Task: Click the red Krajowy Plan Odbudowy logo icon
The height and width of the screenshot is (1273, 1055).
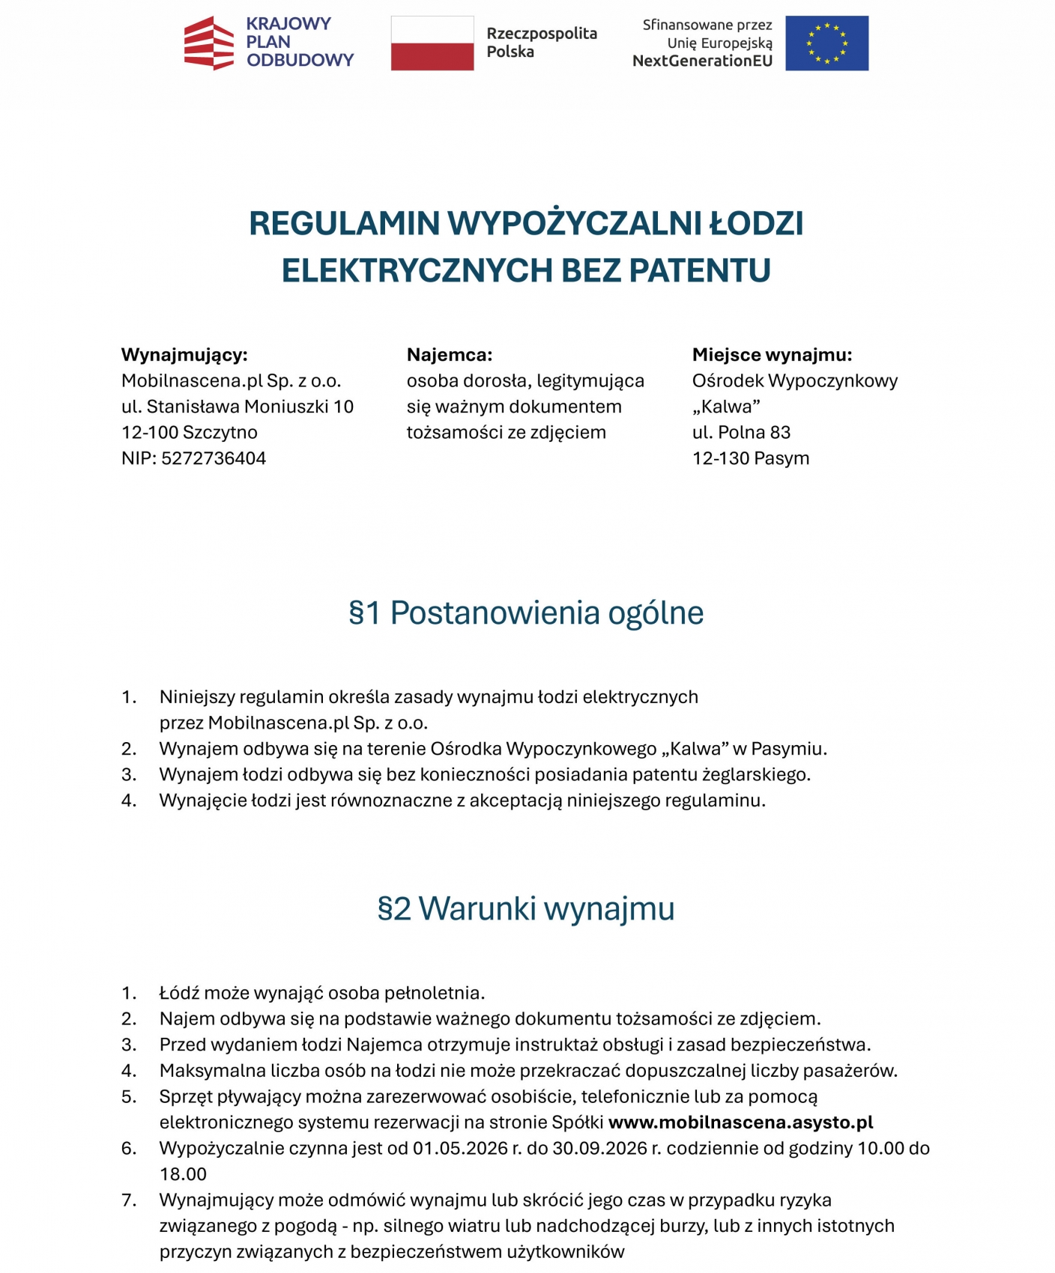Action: [x=209, y=43]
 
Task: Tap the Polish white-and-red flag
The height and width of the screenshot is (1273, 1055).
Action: [x=432, y=43]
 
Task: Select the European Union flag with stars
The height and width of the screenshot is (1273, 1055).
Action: [x=826, y=43]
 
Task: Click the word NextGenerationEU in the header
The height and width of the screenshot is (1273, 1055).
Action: [x=702, y=61]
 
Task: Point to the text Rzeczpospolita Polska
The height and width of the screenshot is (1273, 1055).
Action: [x=541, y=43]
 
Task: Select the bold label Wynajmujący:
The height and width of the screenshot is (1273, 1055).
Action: [x=184, y=355]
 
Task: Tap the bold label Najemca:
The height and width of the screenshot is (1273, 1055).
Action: [x=450, y=355]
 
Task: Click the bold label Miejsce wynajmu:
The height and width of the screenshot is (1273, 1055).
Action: [x=772, y=355]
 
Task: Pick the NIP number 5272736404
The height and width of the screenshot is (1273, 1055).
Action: [x=214, y=458]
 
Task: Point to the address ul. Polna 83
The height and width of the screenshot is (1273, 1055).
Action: [x=741, y=433]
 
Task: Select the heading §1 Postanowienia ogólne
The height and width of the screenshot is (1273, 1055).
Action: [x=526, y=613]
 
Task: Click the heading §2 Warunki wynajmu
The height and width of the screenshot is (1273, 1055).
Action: [x=526, y=908]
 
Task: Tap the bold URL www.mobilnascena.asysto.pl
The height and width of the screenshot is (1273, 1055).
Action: [x=740, y=1122]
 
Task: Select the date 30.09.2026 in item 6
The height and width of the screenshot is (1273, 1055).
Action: [x=599, y=1149]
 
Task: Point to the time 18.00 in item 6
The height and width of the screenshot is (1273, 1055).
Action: [x=183, y=1174]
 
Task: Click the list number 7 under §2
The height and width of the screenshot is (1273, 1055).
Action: [x=129, y=1200]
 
